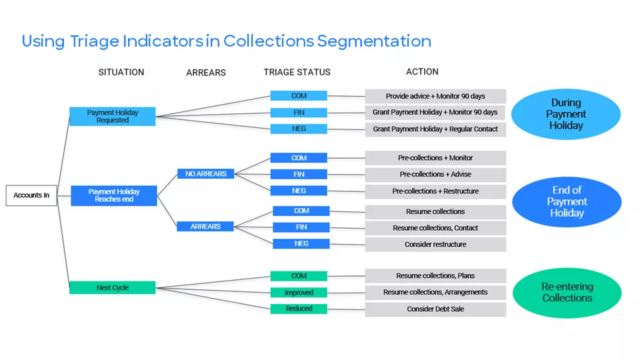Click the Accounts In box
(31, 195)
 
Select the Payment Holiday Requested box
(113, 117)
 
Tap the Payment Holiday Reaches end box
(114, 196)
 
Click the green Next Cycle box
(113, 288)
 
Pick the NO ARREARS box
(205, 174)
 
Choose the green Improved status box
(299, 293)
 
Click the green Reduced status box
(299, 309)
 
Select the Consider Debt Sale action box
(435, 309)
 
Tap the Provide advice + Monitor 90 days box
(435, 96)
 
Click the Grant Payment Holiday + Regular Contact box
(435, 129)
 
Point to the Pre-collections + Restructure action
(435, 191)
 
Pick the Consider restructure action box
(435, 245)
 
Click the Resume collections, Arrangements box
(435, 292)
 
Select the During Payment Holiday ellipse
(566, 114)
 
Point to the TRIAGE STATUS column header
(297, 72)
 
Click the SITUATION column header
(121, 72)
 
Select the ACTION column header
(422, 71)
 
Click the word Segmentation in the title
(374, 41)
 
